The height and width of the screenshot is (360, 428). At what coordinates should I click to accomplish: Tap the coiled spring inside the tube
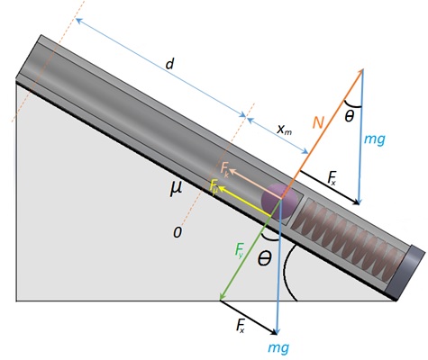349,237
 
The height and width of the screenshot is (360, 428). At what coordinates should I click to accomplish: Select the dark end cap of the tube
405,273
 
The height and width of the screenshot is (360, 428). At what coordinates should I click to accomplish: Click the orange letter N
318,122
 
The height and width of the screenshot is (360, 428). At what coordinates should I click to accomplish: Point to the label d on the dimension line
170,64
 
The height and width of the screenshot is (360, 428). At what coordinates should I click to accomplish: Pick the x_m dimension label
284,130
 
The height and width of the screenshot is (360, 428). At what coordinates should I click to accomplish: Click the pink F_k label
224,169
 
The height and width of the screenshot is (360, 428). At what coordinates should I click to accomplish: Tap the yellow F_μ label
214,186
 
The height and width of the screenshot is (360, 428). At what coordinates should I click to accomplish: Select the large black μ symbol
176,188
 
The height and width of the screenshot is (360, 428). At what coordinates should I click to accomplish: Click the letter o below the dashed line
178,232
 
